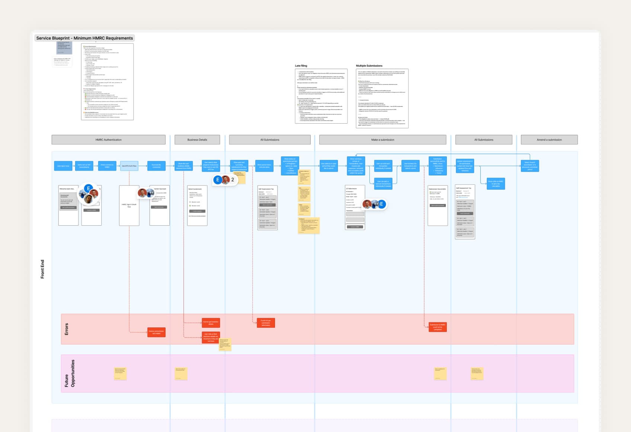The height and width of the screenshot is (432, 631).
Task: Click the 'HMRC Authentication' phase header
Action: [108, 140]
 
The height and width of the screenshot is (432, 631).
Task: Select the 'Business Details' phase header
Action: [197, 140]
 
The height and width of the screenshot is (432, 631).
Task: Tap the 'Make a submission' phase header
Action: [382, 140]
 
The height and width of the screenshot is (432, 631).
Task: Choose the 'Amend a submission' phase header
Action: [549, 140]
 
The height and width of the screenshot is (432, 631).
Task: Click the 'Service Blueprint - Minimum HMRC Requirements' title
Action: [84, 38]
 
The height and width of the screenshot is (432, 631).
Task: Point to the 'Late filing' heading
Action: [301, 66]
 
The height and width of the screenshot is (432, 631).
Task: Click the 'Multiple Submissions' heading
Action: [369, 66]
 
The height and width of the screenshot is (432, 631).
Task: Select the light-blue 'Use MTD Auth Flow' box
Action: [129, 166]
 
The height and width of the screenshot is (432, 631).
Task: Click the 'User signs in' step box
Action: [63, 166]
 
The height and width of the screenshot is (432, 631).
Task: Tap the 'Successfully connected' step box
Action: [156, 166]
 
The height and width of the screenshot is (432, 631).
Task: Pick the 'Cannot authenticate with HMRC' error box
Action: [156, 332]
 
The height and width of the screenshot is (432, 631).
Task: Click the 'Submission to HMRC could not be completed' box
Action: [438, 327]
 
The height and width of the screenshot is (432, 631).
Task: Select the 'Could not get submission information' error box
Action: [266, 323]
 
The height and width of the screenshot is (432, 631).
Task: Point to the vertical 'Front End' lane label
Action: [42, 269]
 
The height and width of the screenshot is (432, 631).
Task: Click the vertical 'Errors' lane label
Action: [67, 329]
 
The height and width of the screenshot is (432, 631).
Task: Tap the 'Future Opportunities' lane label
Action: [70, 373]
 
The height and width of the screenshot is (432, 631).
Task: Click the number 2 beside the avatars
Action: [233, 180]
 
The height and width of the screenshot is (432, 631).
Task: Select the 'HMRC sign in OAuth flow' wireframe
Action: [129, 205]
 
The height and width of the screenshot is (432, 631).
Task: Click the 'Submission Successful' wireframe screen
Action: [438, 205]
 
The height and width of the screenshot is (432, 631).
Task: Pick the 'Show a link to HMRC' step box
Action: [496, 184]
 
